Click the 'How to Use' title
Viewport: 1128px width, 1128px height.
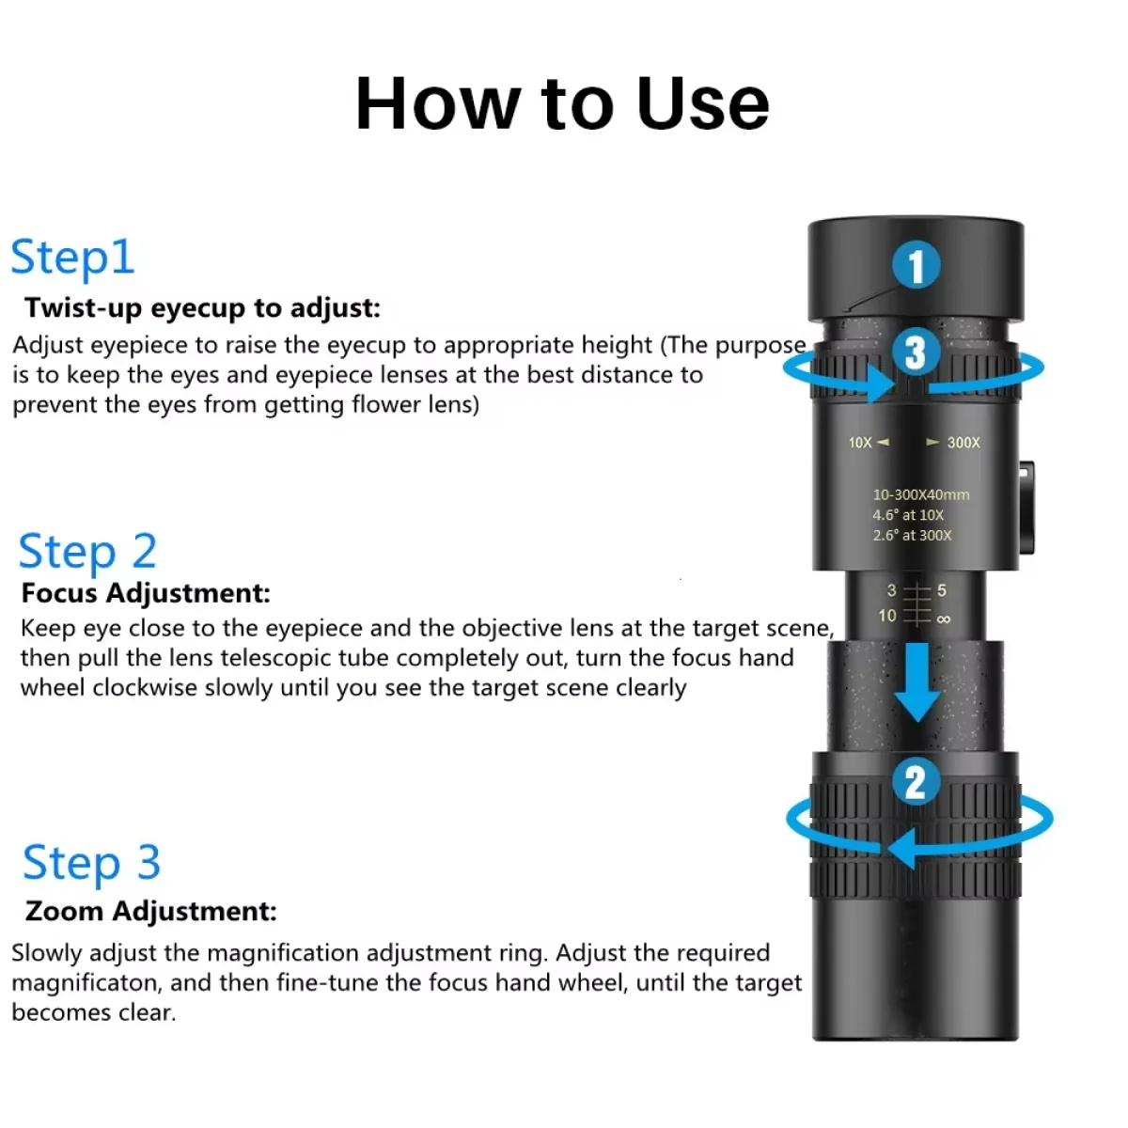coord(562,103)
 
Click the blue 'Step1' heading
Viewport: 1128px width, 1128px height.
coord(73,258)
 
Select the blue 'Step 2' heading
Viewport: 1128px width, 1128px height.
coord(87,552)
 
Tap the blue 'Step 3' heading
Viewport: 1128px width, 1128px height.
coord(92,863)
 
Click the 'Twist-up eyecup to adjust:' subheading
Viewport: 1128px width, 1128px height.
coord(202,308)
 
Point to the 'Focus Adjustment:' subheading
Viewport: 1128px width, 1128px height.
coord(146,593)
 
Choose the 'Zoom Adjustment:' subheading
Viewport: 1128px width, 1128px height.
coord(150,911)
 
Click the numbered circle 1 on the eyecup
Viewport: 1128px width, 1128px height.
coord(916,265)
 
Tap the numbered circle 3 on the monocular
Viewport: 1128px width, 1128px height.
coord(915,353)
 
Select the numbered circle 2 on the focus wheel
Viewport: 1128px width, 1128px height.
coord(916,782)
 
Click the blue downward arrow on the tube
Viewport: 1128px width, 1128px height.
coord(916,681)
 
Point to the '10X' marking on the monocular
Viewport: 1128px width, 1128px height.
coord(860,443)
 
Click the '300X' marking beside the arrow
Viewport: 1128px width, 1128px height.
coord(963,443)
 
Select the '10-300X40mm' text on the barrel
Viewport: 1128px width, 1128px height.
coord(920,494)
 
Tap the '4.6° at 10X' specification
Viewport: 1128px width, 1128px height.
coord(907,515)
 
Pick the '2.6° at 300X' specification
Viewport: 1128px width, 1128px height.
coord(912,536)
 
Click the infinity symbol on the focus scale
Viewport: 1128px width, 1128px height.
coord(944,619)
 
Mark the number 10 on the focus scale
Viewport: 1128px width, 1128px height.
coord(886,616)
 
